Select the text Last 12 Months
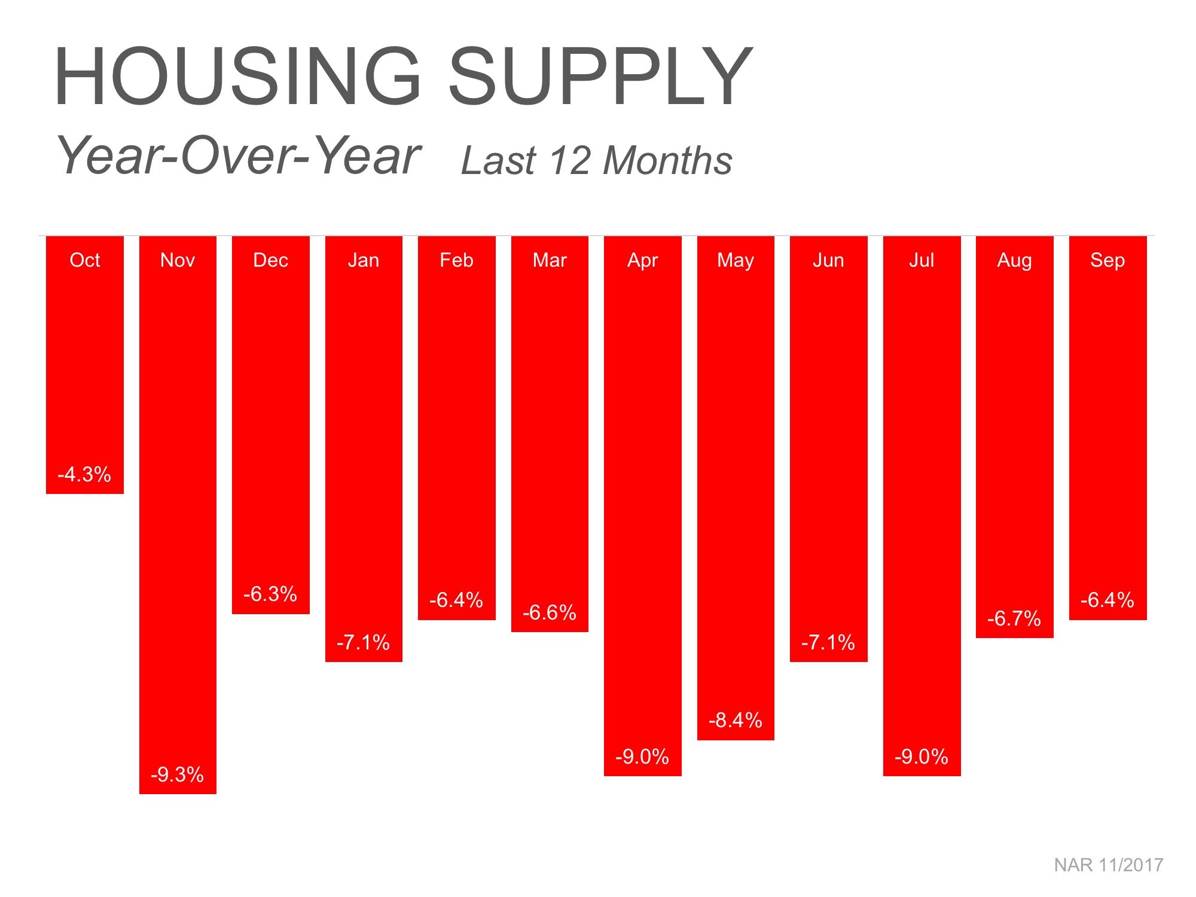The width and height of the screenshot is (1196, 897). pos(596,161)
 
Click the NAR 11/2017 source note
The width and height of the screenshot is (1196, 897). pos(1108,865)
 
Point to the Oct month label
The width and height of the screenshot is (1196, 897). pos(84,260)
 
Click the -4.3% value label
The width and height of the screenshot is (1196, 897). pos(84,475)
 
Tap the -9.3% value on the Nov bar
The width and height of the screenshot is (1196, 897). pos(178,775)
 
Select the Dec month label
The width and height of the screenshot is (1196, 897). pos(270,260)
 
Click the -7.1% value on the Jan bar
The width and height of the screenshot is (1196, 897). pos(363,643)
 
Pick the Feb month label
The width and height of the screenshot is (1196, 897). pos(456,260)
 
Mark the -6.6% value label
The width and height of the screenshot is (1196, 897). pos(549,613)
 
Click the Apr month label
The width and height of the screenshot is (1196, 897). pos(642,260)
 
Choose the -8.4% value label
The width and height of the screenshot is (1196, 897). pos(735,721)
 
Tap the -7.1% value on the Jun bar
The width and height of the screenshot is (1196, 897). pos(828,643)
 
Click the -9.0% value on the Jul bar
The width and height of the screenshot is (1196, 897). pos(922,757)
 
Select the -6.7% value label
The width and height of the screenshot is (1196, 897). pos(1014,619)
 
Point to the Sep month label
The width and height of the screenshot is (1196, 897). pos(1107,260)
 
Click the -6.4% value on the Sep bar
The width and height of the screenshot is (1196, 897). pos(1107,600)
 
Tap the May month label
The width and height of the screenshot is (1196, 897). pos(735,260)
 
